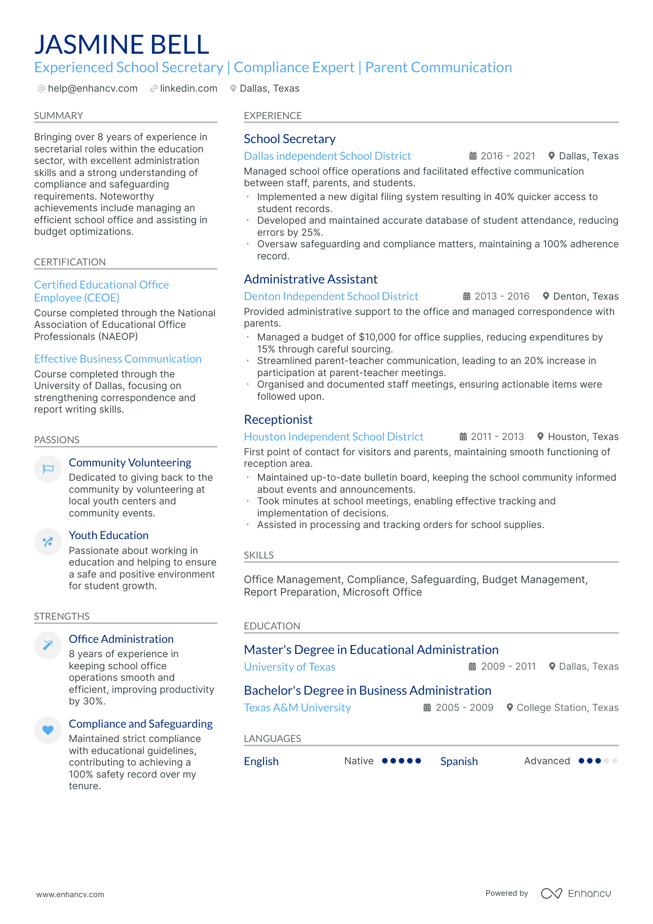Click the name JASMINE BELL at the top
tap(122, 44)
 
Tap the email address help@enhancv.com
tap(93, 88)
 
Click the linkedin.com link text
tap(188, 88)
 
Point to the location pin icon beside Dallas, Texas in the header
tap(233, 88)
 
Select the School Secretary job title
tap(289, 139)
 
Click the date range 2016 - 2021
tap(508, 156)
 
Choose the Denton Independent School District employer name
tap(331, 296)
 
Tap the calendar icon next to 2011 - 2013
tap(463, 437)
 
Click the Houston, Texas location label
tap(583, 437)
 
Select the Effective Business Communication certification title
tap(118, 359)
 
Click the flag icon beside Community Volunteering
tap(48, 469)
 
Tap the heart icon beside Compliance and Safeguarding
tap(48, 730)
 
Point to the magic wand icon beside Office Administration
tap(48, 645)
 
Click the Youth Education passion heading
tap(109, 535)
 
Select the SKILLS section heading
tap(259, 555)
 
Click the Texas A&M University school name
tap(297, 708)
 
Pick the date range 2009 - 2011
tap(508, 666)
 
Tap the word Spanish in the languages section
tap(459, 761)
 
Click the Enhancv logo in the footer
tap(576, 893)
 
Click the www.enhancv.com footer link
tap(70, 894)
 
